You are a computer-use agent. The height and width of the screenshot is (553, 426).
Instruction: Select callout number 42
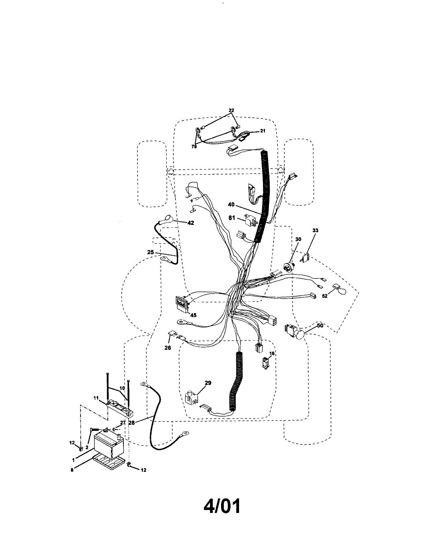(x=190, y=222)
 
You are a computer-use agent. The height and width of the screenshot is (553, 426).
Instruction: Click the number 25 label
(x=151, y=253)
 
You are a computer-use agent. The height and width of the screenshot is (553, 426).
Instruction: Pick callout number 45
(x=193, y=316)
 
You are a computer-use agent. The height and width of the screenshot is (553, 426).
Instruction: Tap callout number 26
(x=168, y=348)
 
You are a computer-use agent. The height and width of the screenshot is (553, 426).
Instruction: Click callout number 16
(x=272, y=353)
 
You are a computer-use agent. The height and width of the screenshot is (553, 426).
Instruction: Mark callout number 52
(x=325, y=296)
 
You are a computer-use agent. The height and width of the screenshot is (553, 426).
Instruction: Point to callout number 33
(x=315, y=230)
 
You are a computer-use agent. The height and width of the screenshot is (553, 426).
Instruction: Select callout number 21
(x=263, y=131)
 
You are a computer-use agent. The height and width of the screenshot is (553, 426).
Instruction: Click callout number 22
(x=231, y=110)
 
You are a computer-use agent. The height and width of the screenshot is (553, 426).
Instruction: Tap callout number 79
(x=194, y=147)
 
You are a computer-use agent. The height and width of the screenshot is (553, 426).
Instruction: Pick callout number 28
(x=132, y=422)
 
